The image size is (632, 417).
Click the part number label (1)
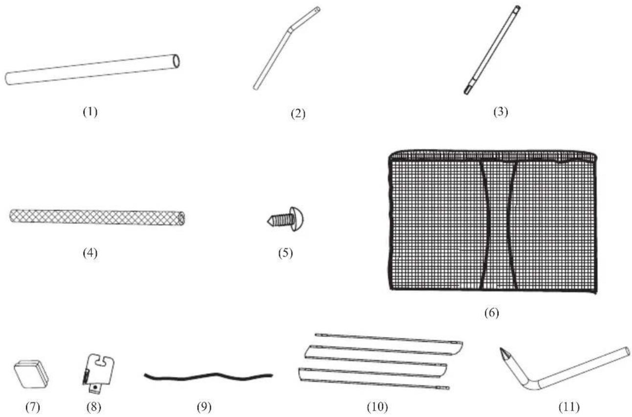tap(90, 111)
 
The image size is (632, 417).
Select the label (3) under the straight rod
tap(501, 111)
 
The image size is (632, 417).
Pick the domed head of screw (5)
tap(295, 219)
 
